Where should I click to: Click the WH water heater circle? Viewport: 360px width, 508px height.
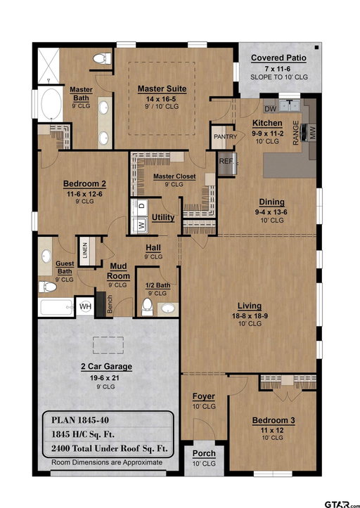[85, 306]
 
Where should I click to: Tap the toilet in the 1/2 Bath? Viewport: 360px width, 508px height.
[147, 307]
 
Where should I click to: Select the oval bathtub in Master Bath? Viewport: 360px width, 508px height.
[51, 104]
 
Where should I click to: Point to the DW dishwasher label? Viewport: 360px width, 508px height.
[270, 109]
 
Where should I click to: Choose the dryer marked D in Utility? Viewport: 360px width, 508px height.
[142, 205]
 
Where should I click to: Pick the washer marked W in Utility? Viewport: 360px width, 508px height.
[142, 224]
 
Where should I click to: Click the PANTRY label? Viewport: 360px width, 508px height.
[225, 137]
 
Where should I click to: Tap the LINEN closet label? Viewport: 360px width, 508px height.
[85, 250]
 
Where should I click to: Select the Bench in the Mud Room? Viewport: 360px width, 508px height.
[109, 304]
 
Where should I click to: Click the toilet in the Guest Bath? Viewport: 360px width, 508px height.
[47, 287]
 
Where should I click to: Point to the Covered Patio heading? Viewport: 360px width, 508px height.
[278, 58]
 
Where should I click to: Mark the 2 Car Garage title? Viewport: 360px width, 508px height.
[106, 367]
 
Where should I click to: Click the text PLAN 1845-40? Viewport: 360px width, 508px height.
[80, 420]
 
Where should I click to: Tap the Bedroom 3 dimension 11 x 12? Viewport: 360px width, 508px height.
[272, 430]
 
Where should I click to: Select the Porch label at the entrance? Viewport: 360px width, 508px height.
[204, 454]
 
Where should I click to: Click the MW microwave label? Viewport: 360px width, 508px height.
[312, 133]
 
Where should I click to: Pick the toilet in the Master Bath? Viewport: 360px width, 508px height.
[102, 58]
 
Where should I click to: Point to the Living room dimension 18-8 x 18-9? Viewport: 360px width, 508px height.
[250, 316]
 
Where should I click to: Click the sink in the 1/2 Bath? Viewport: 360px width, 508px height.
[167, 308]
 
